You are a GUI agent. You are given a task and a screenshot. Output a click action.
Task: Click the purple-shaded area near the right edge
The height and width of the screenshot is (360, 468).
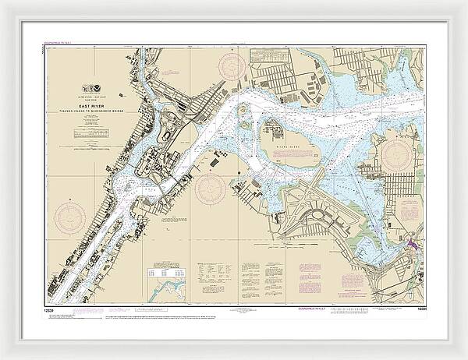pos(410,244)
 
